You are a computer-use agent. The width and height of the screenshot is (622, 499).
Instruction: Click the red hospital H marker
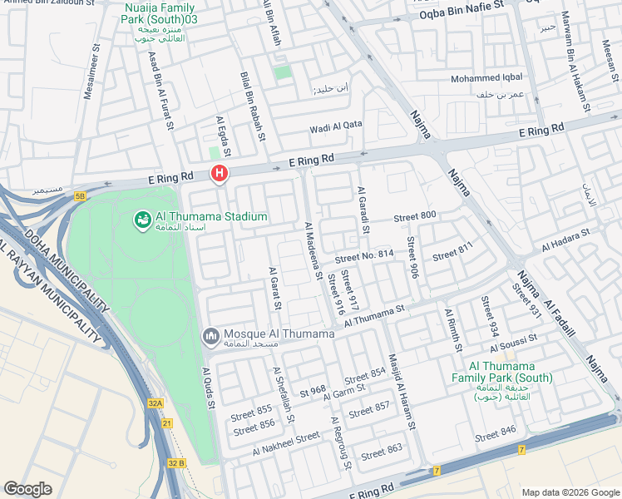coord(220,174)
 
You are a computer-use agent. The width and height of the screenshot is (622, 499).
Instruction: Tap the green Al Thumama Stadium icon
coord(142,220)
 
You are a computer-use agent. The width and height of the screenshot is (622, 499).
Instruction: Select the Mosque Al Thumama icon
coord(211,336)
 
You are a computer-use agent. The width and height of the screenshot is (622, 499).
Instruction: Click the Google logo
coord(27,489)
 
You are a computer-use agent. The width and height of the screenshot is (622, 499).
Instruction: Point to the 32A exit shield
coord(155,403)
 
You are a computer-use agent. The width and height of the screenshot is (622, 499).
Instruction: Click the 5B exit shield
coord(80,196)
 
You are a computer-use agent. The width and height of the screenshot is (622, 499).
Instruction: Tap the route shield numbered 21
coord(167,424)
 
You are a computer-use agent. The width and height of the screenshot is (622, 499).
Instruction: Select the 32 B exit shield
coord(175,462)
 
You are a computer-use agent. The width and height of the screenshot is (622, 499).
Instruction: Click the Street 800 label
coord(415,217)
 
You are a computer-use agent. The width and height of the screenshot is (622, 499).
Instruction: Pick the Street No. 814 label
coord(363,254)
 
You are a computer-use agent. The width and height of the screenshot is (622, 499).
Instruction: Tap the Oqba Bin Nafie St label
coord(462,14)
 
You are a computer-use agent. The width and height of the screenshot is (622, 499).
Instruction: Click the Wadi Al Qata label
coord(336,126)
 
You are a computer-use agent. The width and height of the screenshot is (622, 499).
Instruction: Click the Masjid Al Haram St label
coord(401,398)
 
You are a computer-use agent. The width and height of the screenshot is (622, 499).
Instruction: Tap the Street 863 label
coord(382,452)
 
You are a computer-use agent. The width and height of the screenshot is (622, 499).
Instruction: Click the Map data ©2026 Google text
coord(570,492)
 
